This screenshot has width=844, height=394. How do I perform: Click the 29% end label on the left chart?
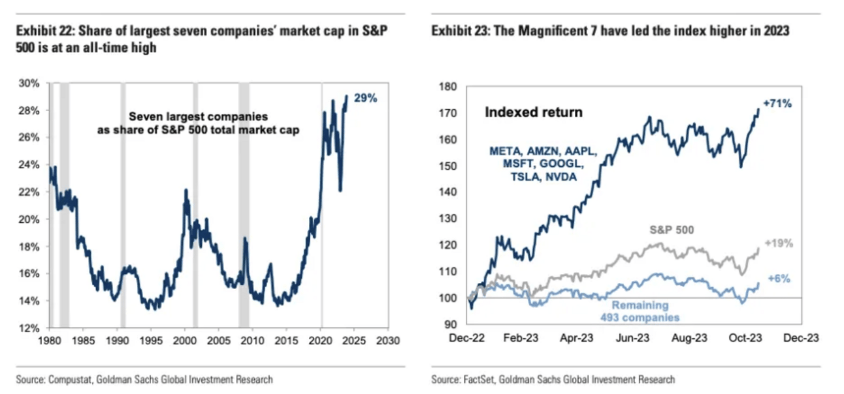tap(366, 98)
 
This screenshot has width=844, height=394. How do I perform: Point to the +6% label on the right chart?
tap(779, 279)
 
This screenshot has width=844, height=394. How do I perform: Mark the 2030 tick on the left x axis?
tap(388, 340)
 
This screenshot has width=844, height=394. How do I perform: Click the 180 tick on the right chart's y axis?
tap(450, 86)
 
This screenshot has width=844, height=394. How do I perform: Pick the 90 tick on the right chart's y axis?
tap(452, 324)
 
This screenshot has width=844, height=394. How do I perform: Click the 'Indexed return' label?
tap(533, 113)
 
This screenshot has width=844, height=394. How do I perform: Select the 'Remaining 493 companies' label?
tap(640, 311)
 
